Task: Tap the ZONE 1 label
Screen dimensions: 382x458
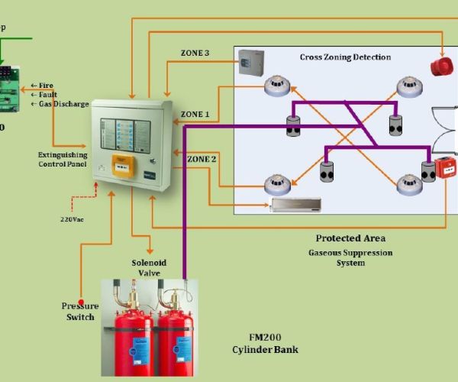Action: pos(195,115)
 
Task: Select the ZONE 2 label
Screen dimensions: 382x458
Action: pos(202,159)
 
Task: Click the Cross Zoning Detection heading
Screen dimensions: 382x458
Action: pos(345,57)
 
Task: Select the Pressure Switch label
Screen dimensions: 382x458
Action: pos(80,312)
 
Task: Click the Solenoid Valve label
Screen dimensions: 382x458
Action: pos(150,268)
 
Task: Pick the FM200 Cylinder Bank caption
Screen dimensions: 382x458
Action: pos(266,344)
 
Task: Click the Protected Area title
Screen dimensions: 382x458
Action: pos(350,238)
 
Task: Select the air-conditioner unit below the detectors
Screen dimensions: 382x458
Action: pos(297,204)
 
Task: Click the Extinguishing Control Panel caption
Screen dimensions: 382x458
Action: pos(63,160)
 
